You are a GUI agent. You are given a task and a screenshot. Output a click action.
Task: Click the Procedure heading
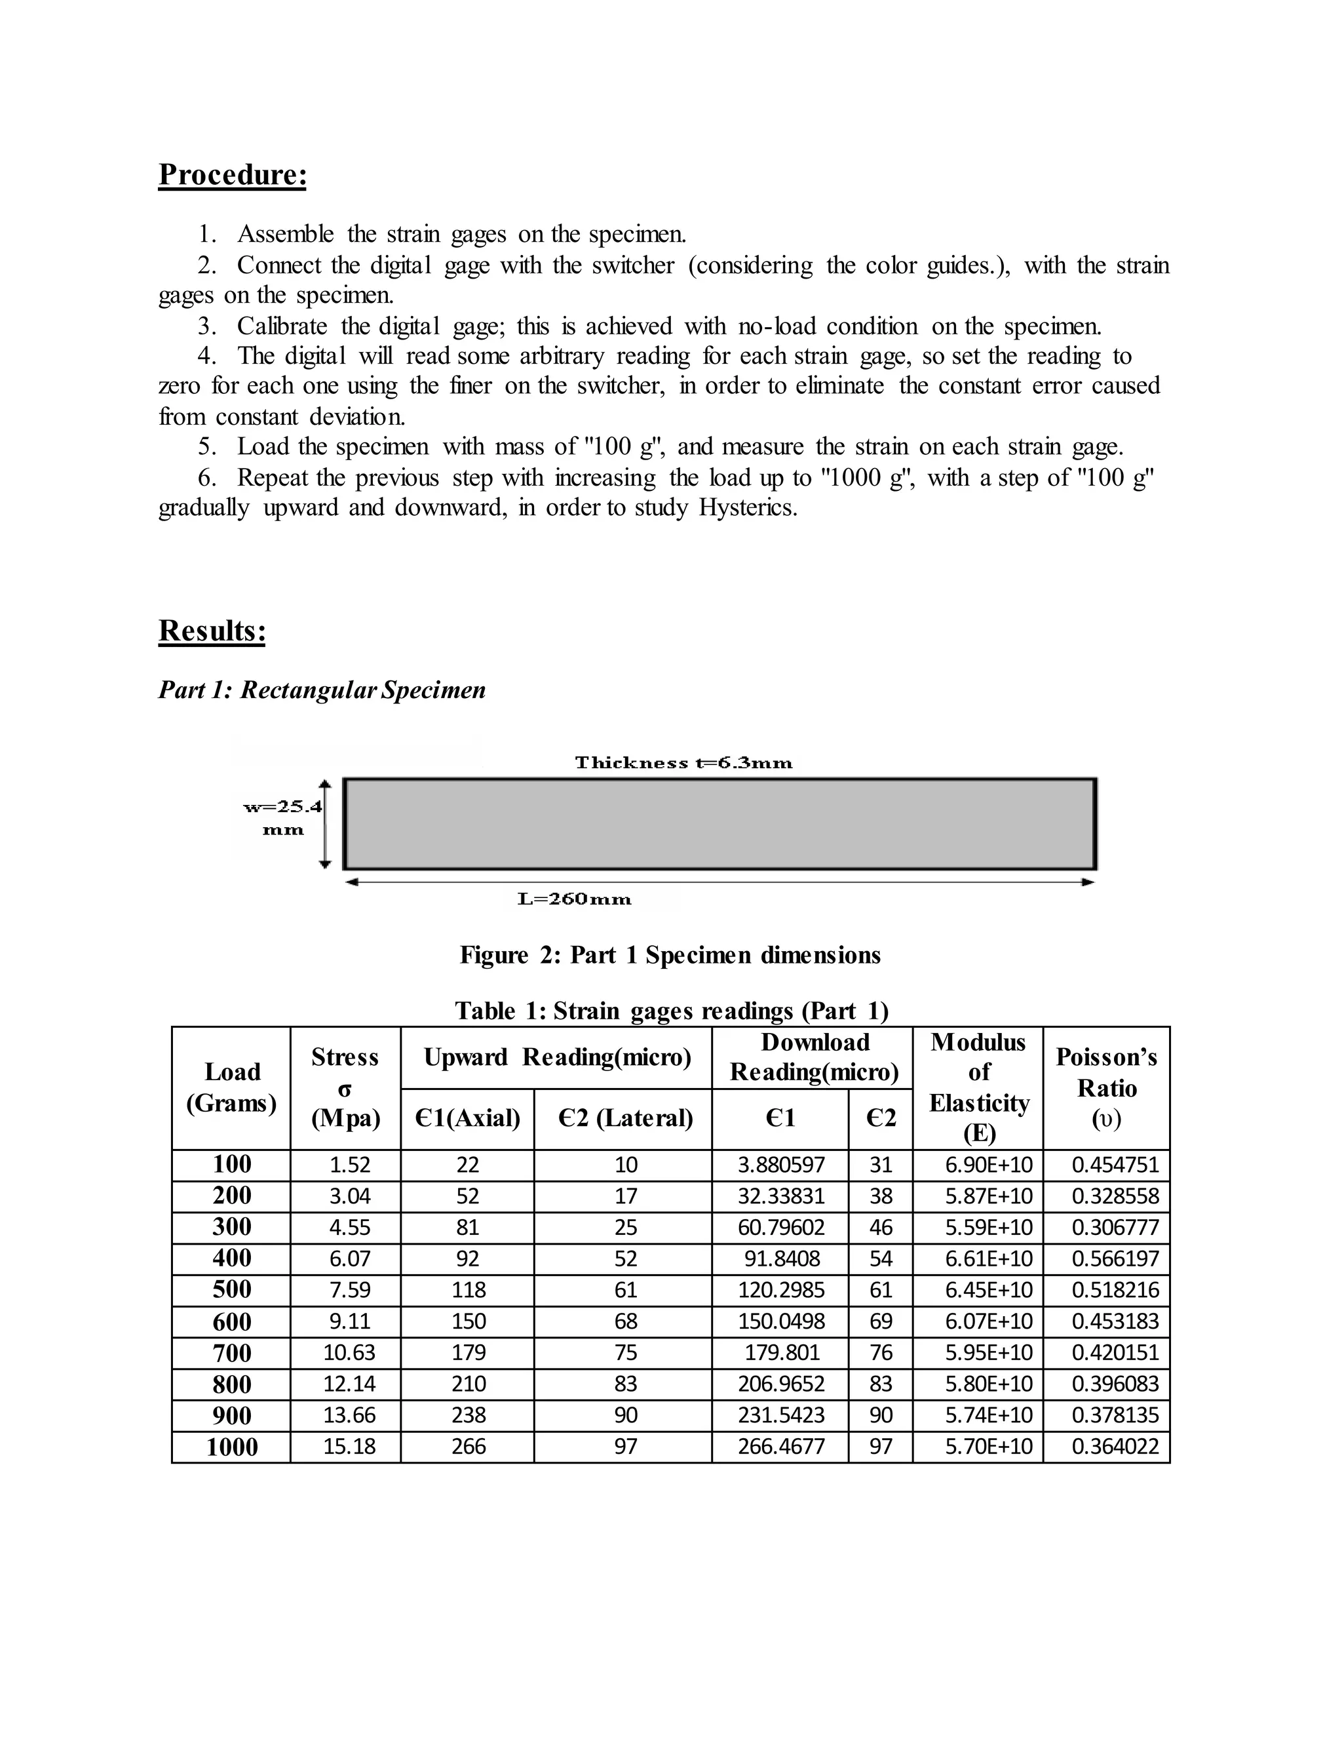(232, 175)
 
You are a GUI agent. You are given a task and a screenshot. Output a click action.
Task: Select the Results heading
(212, 631)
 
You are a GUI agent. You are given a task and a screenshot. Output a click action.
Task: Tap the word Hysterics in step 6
(747, 507)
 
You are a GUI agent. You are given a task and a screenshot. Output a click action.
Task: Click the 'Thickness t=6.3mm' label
(683, 763)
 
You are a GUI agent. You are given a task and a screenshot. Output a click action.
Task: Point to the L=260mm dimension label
(574, 899)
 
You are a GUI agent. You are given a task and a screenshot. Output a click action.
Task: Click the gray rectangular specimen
(719, 824)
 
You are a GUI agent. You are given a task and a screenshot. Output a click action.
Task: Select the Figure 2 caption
(670, 954)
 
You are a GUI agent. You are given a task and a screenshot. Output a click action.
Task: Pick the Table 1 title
(671, 1011)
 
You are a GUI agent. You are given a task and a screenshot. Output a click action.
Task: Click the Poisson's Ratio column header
(1106, 1087)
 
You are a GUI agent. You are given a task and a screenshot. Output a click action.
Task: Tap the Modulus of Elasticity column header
(978, 1087)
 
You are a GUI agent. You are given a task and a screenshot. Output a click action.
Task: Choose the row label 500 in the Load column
(231, 1289)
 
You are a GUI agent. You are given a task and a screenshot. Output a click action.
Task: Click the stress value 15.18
(349, 1447)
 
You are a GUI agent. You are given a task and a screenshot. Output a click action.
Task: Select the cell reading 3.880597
(780, 1165)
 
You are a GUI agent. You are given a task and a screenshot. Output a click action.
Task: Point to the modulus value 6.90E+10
(988, 1165)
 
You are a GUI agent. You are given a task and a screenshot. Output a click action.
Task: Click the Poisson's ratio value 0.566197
(1115, 1259)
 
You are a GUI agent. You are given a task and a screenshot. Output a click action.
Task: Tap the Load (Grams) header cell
(231, 1087)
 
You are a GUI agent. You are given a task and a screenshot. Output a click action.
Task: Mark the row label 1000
(231, 1447)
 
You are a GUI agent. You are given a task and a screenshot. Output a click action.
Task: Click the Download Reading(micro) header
(814, 1057)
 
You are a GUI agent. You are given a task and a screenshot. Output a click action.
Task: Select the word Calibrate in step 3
(281, 326)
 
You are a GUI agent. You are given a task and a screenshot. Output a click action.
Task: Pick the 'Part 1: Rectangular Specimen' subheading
(322, 690)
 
